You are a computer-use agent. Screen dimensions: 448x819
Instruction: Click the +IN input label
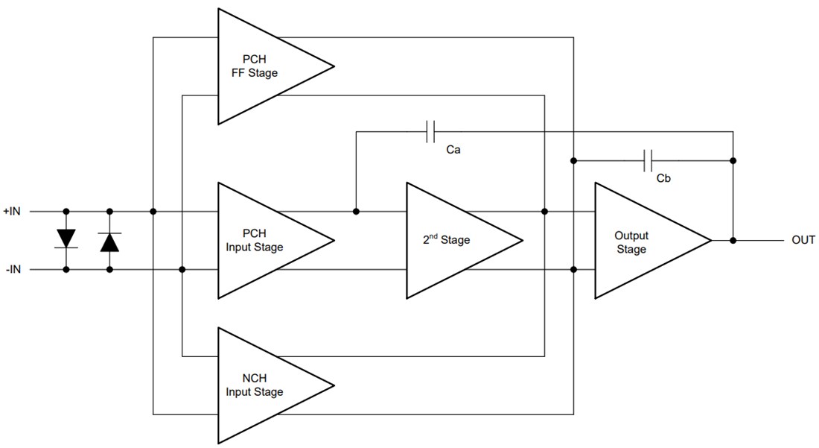pyautogui.click(x=13, y=212)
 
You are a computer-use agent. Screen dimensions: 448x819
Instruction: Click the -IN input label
pyautogui.click(x=13, y=269)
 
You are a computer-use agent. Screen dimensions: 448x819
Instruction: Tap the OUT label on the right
pyautogui.click(x=803, y=240)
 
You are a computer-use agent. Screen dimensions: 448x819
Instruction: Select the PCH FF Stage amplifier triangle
pyautogui.click(x=261, y=66)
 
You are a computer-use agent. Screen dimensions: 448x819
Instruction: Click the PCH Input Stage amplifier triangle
pyautogui.click(x=261, y=240)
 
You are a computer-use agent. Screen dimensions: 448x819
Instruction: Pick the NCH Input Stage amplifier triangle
pyautogui.click(x=261, y=385)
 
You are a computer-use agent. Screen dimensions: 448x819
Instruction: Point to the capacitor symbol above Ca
pyautogui.click(x=430, y=132)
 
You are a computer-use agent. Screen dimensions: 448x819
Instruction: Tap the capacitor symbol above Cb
pyautogui.click(x=648, y=160)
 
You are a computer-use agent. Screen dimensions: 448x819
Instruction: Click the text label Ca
pyautogui.click(x=453, y=151)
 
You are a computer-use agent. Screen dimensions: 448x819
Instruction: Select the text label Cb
pyautogui.click(x=663, y=179)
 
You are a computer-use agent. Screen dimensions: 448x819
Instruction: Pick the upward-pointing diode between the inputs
pyautogui.click(x=110, y=242)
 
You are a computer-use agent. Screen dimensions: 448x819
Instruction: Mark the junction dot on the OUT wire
pyautogui.click(x=733, y=240)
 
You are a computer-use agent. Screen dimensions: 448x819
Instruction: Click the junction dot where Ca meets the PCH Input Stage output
pyautogui.click(x=356, y=212)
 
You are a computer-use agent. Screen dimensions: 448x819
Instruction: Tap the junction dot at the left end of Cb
pyautogui.click(x=574, y=160)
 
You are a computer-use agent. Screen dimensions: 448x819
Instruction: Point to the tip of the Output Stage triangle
pyautogui.click(x=711, y=240)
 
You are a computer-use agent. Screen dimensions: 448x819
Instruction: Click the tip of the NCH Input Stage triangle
pyautogui.click(x=334, y=385)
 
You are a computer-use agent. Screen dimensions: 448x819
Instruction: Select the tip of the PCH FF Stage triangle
pyautogui.click(x=334, y=66)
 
